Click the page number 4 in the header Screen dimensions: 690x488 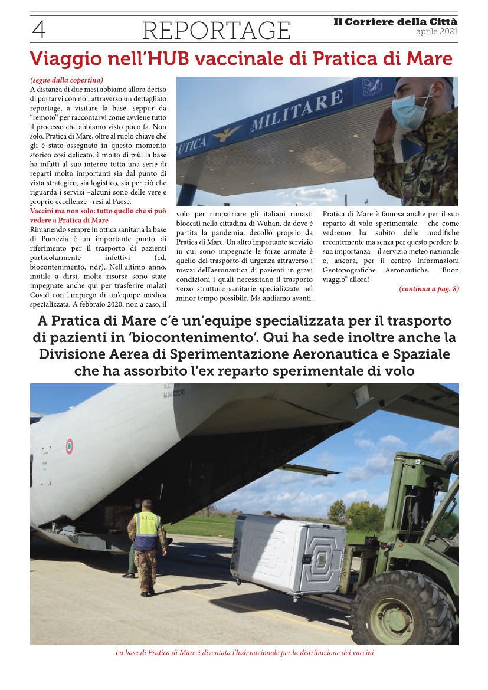pyautogui.click(x=39, y=29)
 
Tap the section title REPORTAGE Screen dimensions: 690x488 pyautogui.click(x=217, y=30)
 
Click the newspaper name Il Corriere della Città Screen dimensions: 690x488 pyautogui.click(x=395, y=22)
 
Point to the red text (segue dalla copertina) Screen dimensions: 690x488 pyautogui.click(x=67, y=80)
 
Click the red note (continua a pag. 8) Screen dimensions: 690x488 pyautogui.click(x=429, y=288)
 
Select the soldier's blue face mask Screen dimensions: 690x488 pyautogui.click(x=411, y=110)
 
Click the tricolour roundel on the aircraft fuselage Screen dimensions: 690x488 pyautogui.click(x=69, y=446)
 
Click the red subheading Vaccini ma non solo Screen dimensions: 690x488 pyautogui.click(x=99, y=211)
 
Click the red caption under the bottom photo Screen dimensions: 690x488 pyautogui.click(x=244, y=653)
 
